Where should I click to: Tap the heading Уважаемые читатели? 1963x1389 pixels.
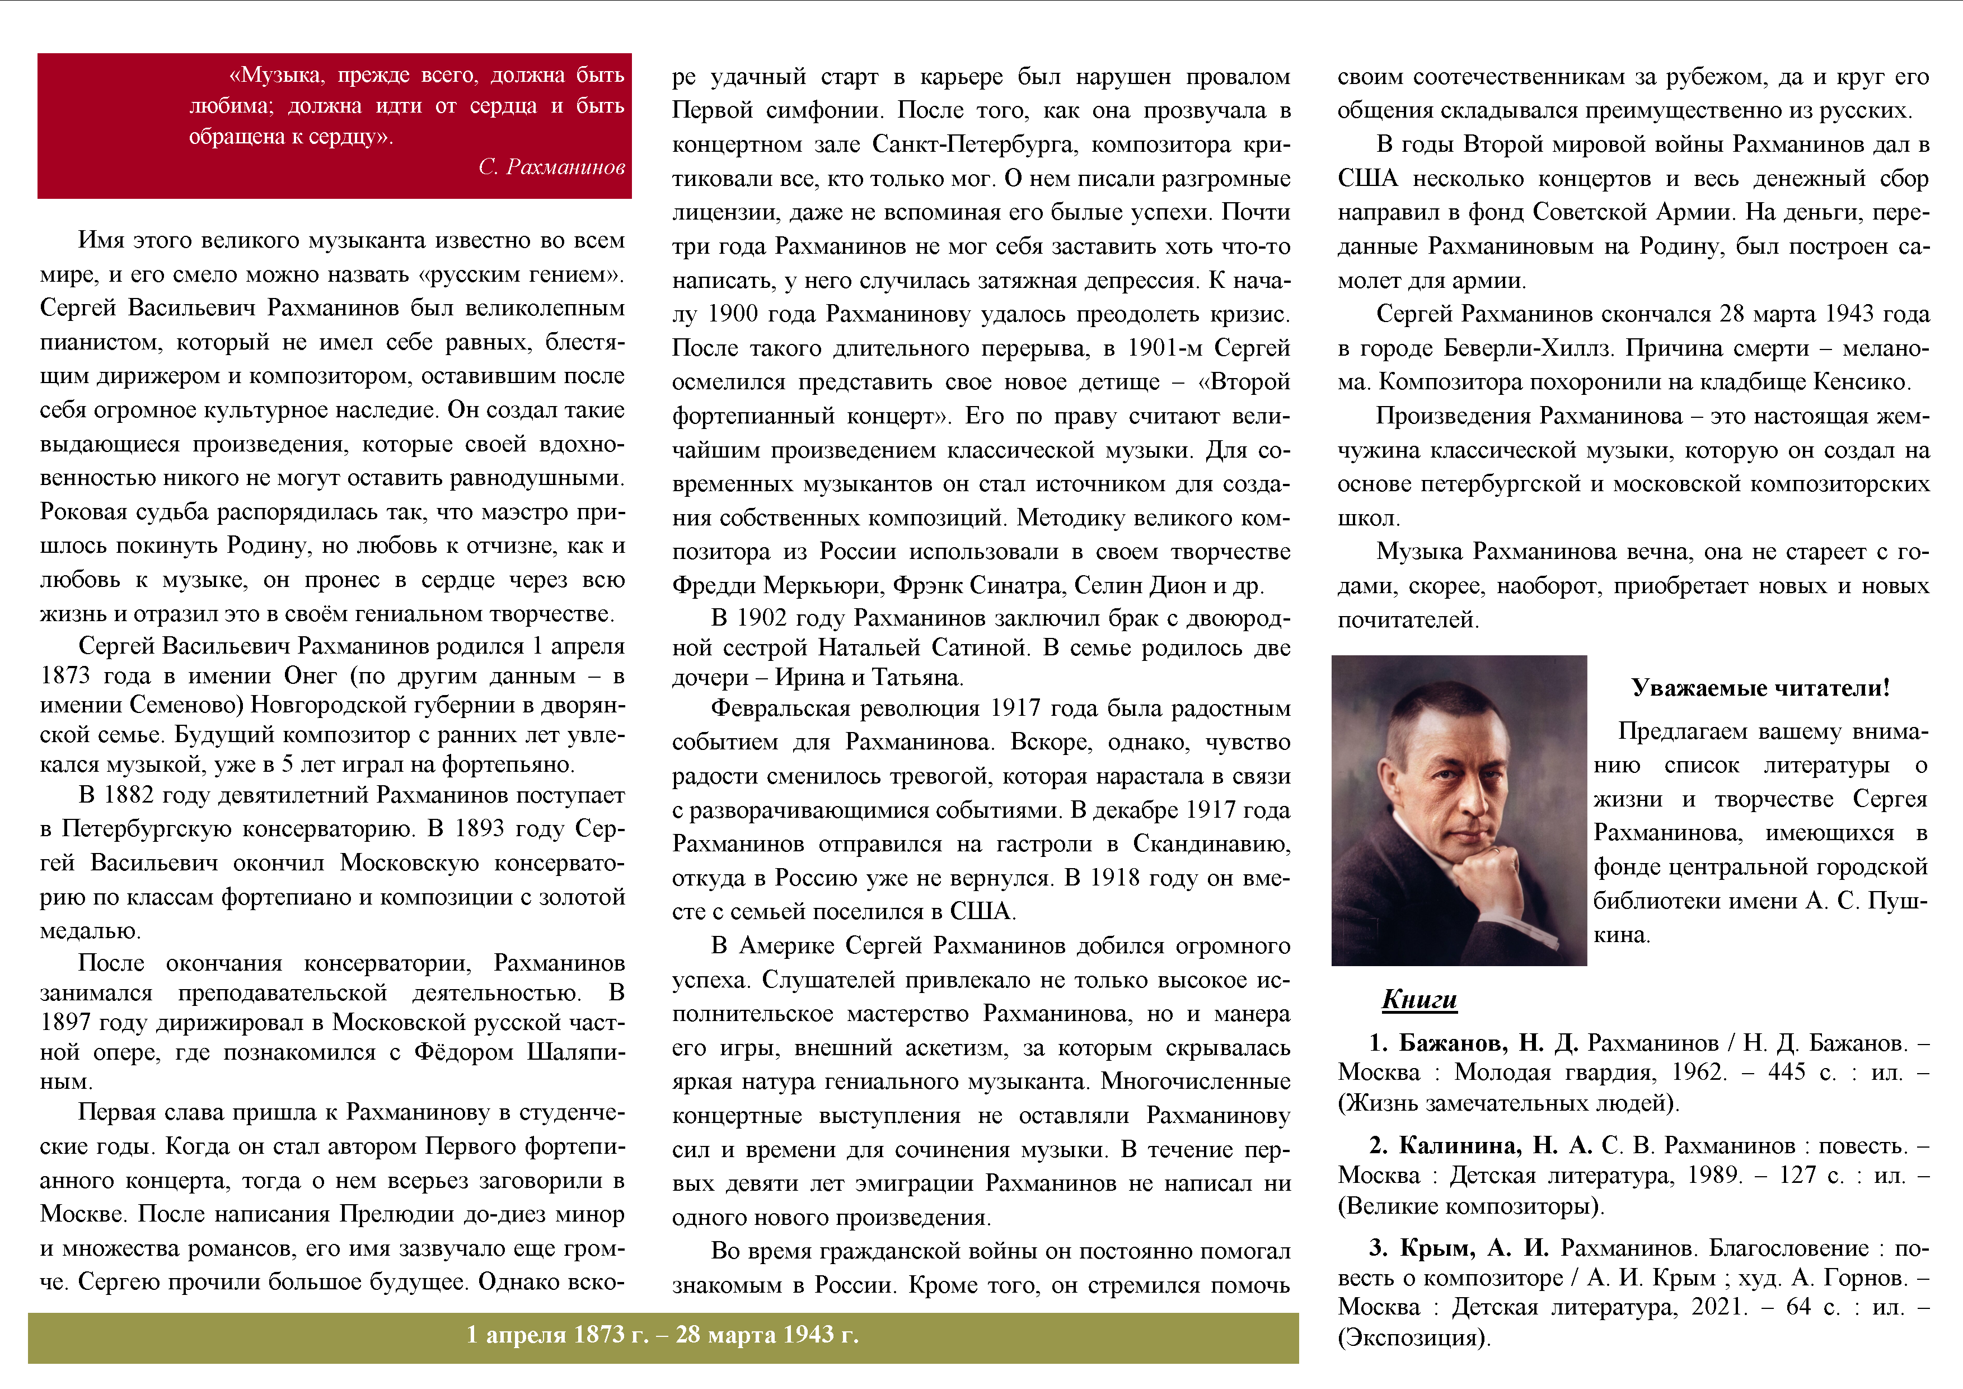click(x=1759, y=688)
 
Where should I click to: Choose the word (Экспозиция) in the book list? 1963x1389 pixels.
click(x=1414, y=1337)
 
